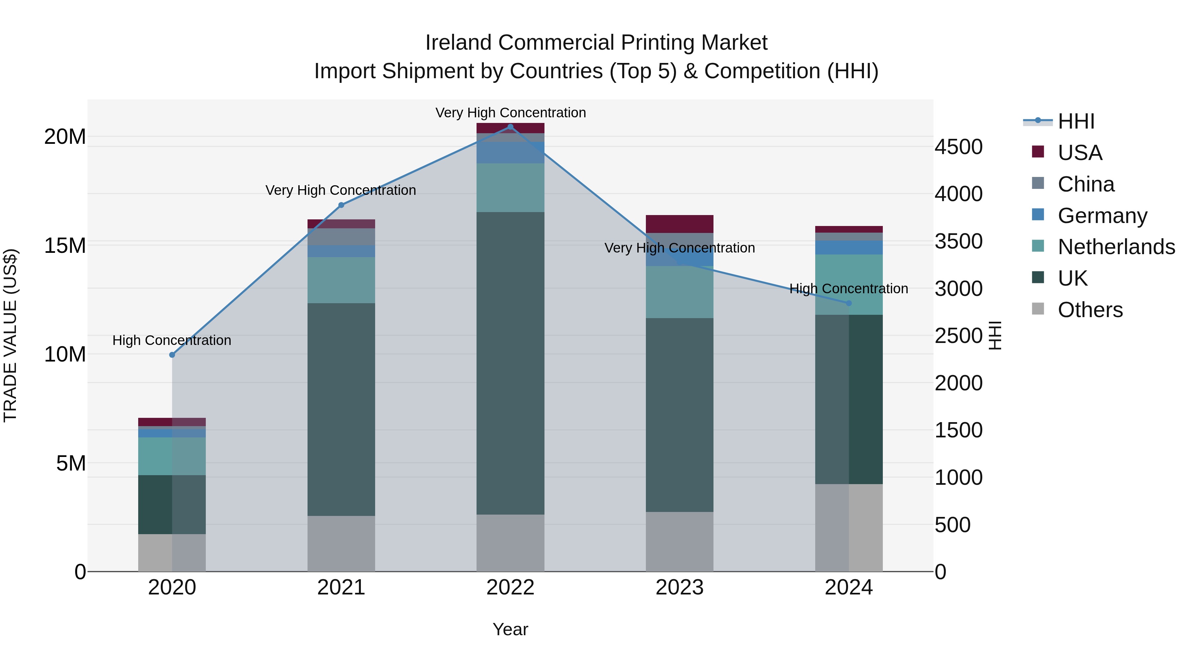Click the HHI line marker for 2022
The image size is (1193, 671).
510,127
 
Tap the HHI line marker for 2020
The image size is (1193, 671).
172,355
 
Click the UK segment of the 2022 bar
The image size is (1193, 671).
510,363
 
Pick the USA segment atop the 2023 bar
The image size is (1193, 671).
679,224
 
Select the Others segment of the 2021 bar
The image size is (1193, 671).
341,544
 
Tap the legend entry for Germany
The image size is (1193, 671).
1102,216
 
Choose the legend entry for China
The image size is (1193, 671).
1086,184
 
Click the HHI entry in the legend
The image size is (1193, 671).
1076,121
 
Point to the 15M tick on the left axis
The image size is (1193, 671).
65,246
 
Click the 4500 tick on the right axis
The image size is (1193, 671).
958,147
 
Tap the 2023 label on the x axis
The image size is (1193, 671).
679,587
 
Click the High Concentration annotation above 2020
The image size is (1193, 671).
172,340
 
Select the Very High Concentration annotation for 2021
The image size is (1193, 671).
341,190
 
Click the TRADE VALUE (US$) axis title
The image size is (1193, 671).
10,335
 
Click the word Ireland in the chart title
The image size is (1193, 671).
459,43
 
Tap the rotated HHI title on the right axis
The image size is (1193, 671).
995,335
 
